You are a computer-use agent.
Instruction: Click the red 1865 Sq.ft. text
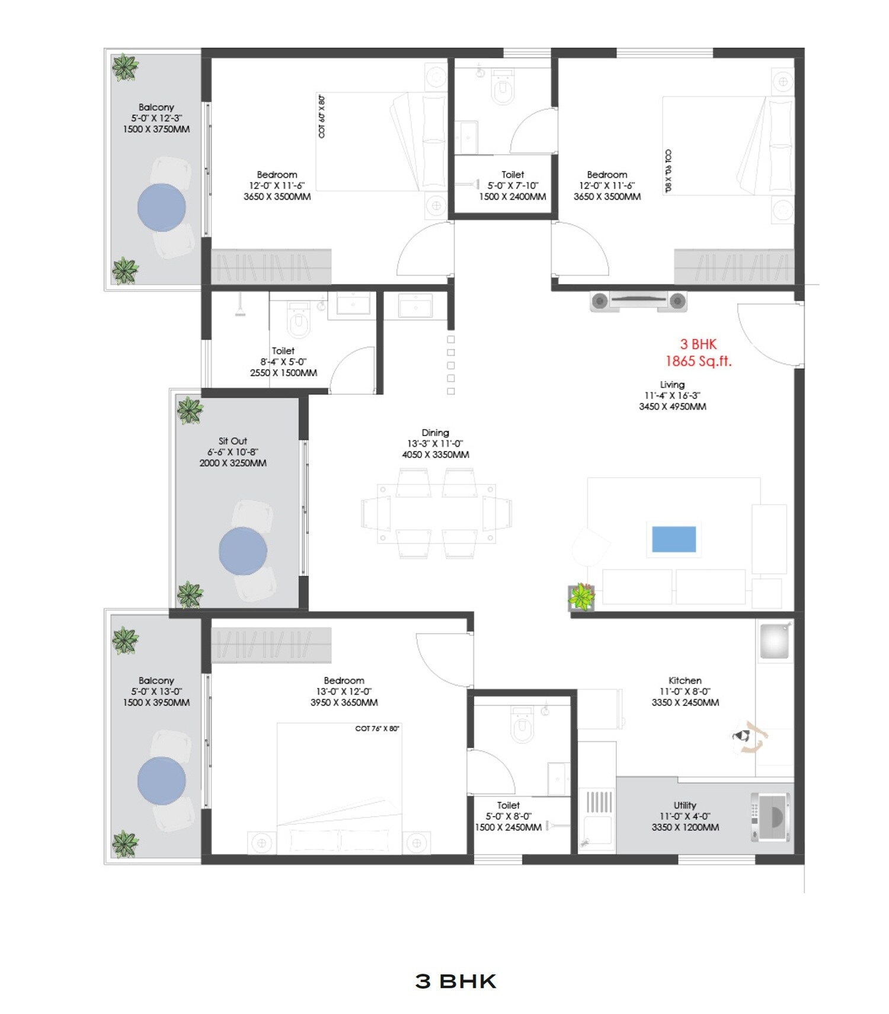pyautogui.click(x=698, y=361)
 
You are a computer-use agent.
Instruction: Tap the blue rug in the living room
pyautogui.click(x=674, y=539)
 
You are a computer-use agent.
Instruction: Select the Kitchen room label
pyautogui.click(x=685, y=680)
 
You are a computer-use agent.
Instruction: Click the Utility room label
pyautogui.click(x=685, y=805)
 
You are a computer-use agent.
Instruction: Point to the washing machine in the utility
pyautogui.click(x=770, y=817)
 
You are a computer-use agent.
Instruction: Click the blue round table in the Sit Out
pyautogui.click(x=243, y=551)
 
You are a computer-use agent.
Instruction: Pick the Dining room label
pyautogui.click(x=435, y=433)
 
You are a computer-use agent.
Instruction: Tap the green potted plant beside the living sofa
pyautogui.click(x=581, y=597)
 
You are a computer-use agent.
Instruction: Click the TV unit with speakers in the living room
pyautogui.click(x=638, y=301)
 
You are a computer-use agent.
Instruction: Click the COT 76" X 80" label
pyautogui.click(x=377, y=728)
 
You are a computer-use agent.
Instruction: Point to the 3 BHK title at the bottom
pyautogui.click(x=455, y=981)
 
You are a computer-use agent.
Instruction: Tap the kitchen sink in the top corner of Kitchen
pyautogui.click(x=775, y=641)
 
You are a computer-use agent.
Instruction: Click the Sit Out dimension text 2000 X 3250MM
pyautogui.click(x=233, y=463)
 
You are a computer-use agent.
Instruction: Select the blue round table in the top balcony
pyautogui.click(x=162, y=207)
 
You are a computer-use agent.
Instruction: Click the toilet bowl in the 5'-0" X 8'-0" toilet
pyautogui.click(x=522, y=724)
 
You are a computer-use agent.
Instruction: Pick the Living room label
pyautogui.click(x=672, y=385)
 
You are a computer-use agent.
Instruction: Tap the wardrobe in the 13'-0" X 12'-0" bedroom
pyautogui.click(x=271, y=644)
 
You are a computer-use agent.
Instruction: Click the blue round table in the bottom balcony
pyautogui.click(x=162, y=781)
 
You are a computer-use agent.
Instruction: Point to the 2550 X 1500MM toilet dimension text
pyautogui.click(x=283, y=373)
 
